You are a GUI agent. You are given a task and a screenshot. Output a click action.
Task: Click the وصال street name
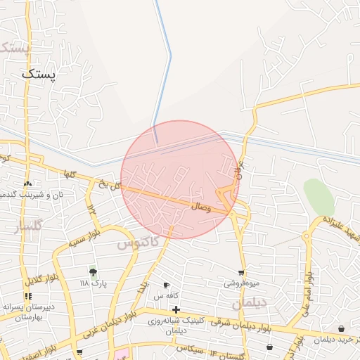coord(200,207)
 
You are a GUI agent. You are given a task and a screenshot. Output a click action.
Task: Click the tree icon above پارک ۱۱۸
coord(92,271)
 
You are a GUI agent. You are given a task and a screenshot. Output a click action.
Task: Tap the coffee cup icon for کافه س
coord(166,285)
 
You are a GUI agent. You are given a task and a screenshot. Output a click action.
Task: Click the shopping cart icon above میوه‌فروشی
coord(242,273)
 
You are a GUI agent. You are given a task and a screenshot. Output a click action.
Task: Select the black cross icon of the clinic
coord(176,309)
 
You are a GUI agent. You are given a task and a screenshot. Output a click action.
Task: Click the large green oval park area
coord(319,197)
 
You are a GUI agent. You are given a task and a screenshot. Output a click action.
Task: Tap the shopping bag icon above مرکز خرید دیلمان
coord(341,329)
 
